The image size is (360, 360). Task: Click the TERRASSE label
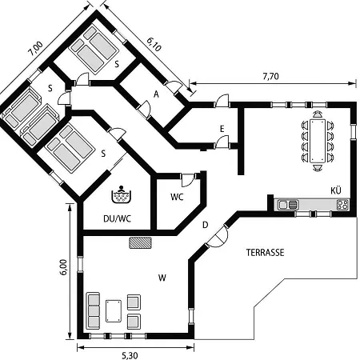click(x=265, y=252)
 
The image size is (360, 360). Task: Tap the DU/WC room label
click(x=118, y=218)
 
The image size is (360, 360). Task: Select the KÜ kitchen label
click(x=336, y=190)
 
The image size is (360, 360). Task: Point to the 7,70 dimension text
click(x=270, y=77)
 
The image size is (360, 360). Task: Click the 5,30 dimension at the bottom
click(x=130, y=355)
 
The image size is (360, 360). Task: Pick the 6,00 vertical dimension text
click(x=64, y=267)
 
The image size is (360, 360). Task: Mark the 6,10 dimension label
click(x=154, y=44)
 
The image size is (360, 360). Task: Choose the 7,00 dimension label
click(x=35, y=49)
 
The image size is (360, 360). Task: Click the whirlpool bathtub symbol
click(x=122, y=194)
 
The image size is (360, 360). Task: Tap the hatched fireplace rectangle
click(x=140, y=242)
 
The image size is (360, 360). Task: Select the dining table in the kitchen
click(x=318, y=141)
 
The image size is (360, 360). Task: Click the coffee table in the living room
click(x=114, y=311)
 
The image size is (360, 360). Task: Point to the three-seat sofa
click(x=94, y=311)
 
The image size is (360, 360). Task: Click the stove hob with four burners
click(x=342, y=205)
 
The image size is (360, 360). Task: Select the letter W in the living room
click(x=162, y=278)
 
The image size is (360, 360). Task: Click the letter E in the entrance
click(x=222, y=129)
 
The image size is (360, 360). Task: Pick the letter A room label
click(x=156, y=94)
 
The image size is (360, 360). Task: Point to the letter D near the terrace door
click(x=205, y=225)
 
